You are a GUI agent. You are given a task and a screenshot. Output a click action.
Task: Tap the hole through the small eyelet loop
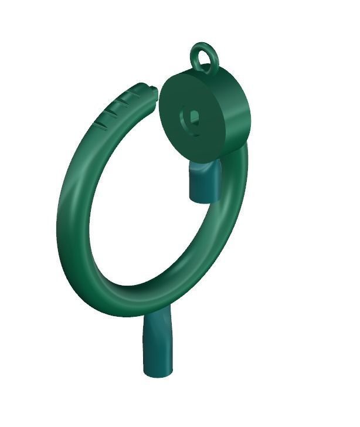pos(205,57)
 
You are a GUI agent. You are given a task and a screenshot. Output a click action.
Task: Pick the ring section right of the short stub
pos(232,194)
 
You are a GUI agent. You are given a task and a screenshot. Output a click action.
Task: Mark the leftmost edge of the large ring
pos(60,217)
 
